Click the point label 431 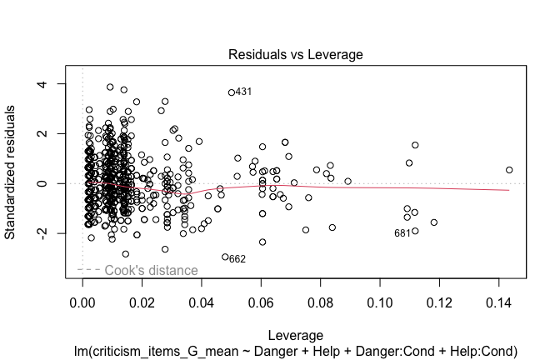click(x=244, y=92)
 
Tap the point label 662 click(x=237, y=259)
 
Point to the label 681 click(x=402, y=233)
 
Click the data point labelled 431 click(x=232, y=92)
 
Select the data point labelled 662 click(x=225, y=257)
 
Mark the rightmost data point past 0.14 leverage click(x=509, y=170)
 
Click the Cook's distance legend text click(x=151, y=271)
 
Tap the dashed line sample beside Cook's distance click(x=88, y=270)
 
